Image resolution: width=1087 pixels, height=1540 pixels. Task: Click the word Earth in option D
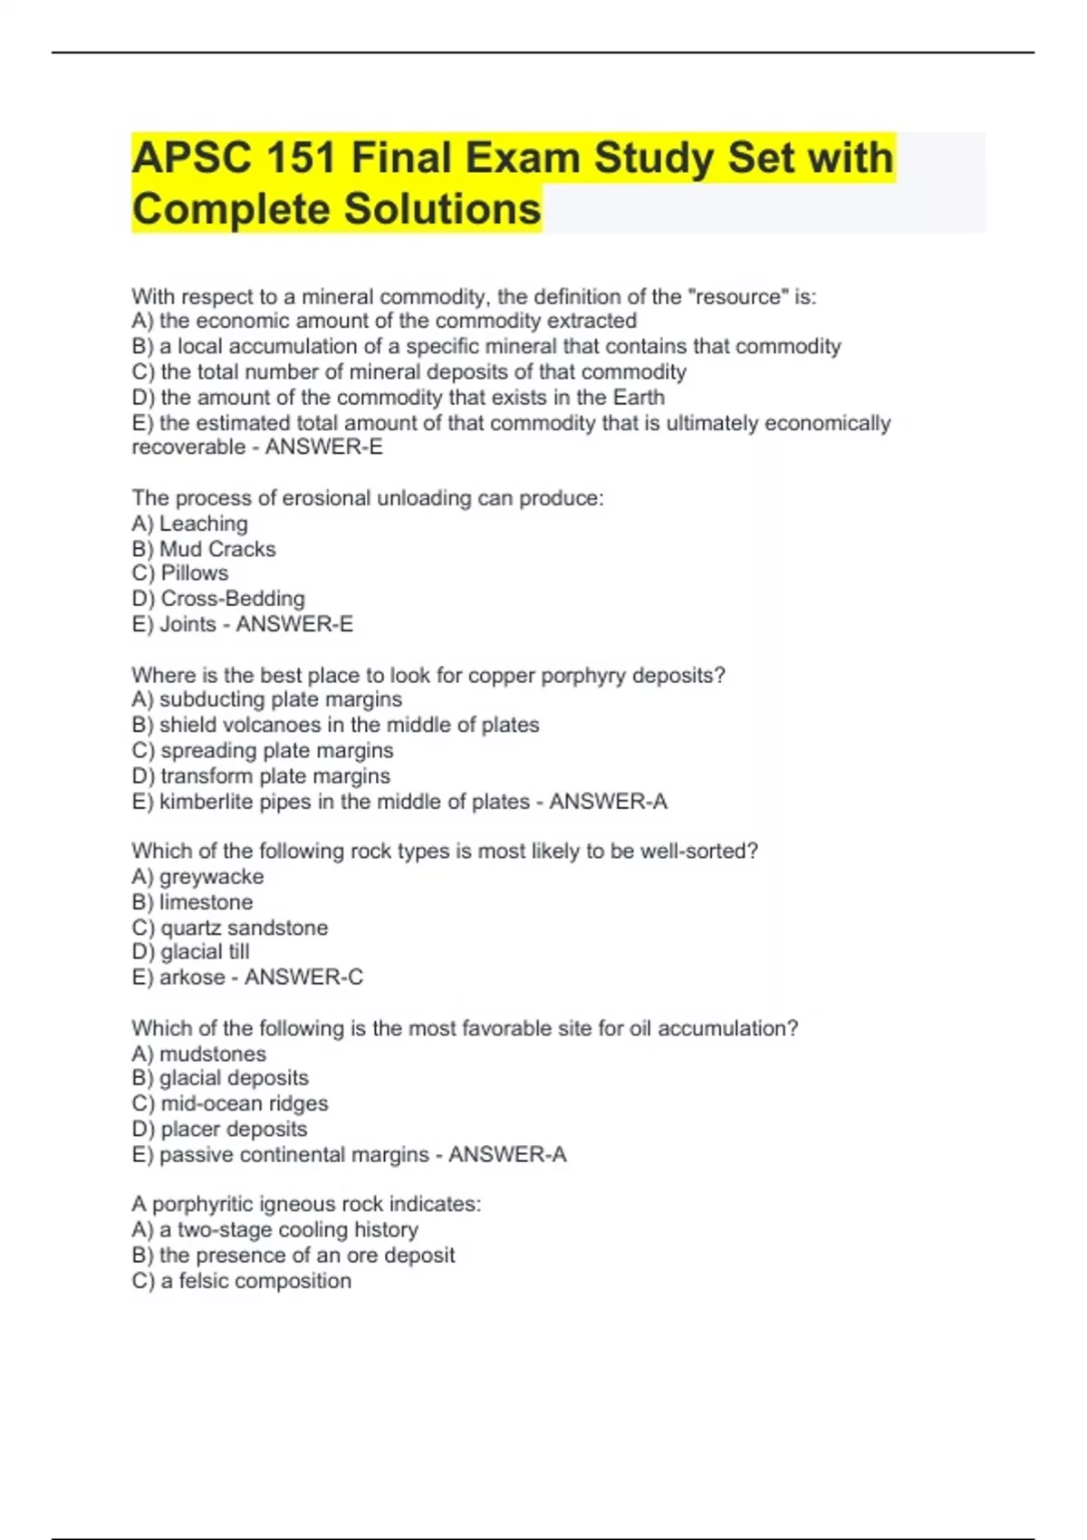(x=639, y=397)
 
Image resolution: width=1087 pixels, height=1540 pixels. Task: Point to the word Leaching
(x=203, y=524)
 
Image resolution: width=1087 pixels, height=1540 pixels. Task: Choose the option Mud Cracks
(x=217, y=549)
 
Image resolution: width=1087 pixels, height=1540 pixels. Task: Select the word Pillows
(x=194, y=573)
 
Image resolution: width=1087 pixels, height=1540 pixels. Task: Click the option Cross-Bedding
(x=232, y=599)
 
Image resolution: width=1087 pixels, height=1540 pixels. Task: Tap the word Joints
(x=188, y=624)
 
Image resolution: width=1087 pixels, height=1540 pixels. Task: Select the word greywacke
(x=211, y=877)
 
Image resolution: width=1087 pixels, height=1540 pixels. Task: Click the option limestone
(x=206, y=902)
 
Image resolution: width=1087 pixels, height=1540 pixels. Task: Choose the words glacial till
(x=205, y=952)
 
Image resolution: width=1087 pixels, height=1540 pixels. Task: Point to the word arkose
(x=191, y=977)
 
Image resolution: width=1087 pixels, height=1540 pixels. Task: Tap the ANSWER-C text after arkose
(x=303, y=977)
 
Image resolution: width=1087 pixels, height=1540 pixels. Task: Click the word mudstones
(x=213, y=1054)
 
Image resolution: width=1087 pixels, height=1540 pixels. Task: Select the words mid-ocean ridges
(x=244, y=1103)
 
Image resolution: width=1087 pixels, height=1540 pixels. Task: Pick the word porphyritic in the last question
(x=203, y=1204)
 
